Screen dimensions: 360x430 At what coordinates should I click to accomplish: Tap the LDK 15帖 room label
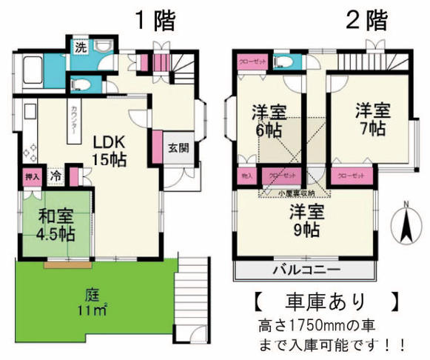point(108,150)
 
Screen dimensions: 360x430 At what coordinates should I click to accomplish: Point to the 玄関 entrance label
point(178,147)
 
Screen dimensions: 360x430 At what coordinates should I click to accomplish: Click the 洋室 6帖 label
point(269,120)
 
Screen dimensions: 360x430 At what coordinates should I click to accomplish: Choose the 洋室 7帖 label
point(371,120)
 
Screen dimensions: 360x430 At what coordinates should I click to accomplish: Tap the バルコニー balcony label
point(306,268)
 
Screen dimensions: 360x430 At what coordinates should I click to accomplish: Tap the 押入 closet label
point(31,177)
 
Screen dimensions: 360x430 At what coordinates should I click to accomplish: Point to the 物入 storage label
point(246,176)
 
